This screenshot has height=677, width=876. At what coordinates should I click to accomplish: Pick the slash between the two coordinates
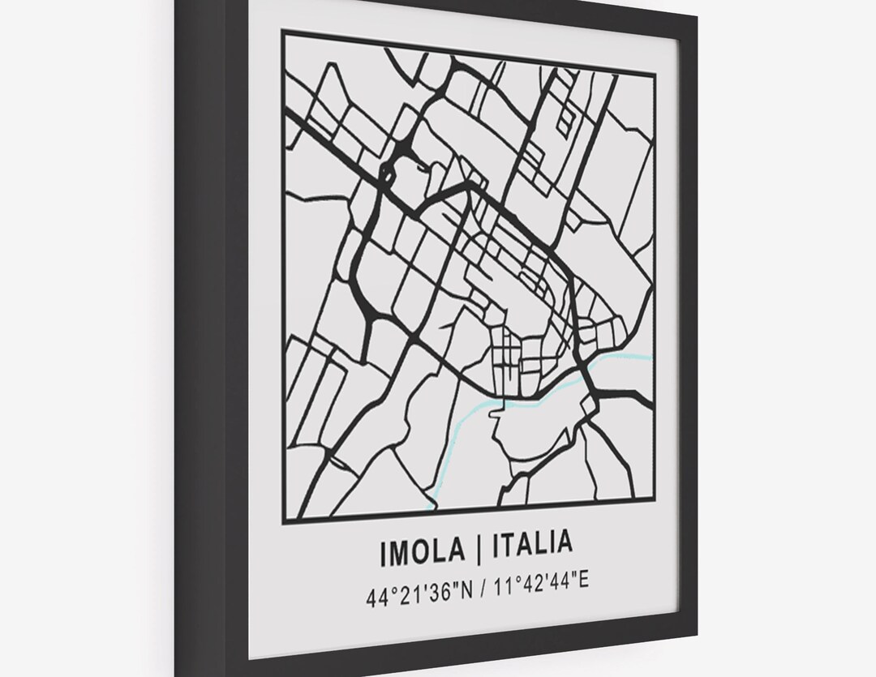tap(484, 594)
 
